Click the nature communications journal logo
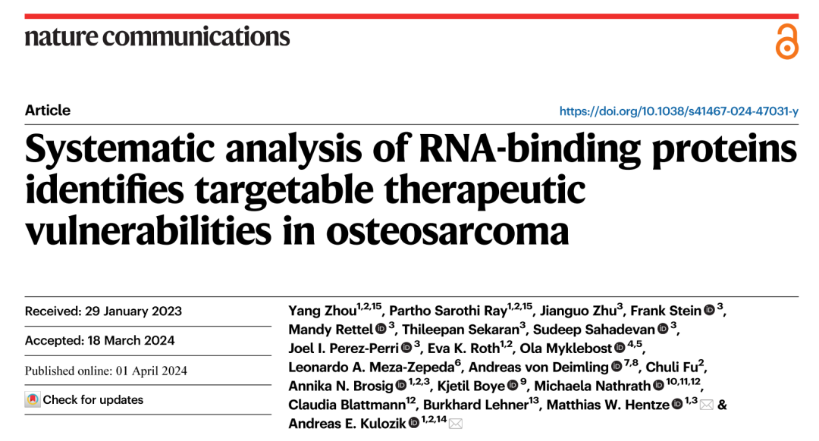pyautogui.click(x=157, y=36)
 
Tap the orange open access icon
pyautogui.click(x=786, y=41)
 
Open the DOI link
pyautogui.click(x=679, y=111)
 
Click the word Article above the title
pyautogui.click(x=48, y=110)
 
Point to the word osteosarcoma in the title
pyautogui.click(x=447, y=231)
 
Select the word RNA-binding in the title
pyautogui.click(x=529, y=149)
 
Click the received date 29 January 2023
pyautogui.click(x=133, y=311)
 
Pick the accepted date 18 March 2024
pyautogui.click(x=131, y=340)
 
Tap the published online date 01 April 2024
pyautogui.click(x=152, y=371)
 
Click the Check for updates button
pyautogui.click(x=84, y=400)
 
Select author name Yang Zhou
pyautogui.click(x=322, y=311)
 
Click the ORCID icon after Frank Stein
pyautogui.click(x=709, y=310)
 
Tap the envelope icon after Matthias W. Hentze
pyautogui.click(x=706, y=405)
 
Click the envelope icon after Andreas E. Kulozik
pyautogui.click(x=456, y=424)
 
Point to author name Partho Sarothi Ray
pyautogui.click(x=447, y=311)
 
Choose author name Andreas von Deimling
pyautogui.click(x=538, y=367)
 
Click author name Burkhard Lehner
pyautogui.click(x=475, y=405)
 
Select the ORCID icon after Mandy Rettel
pyautogui.click(x=381, y=329)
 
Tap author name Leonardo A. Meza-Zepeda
pyautogui.click(x=372, y=367)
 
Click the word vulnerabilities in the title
pyautogui.click(x=148, y=231)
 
